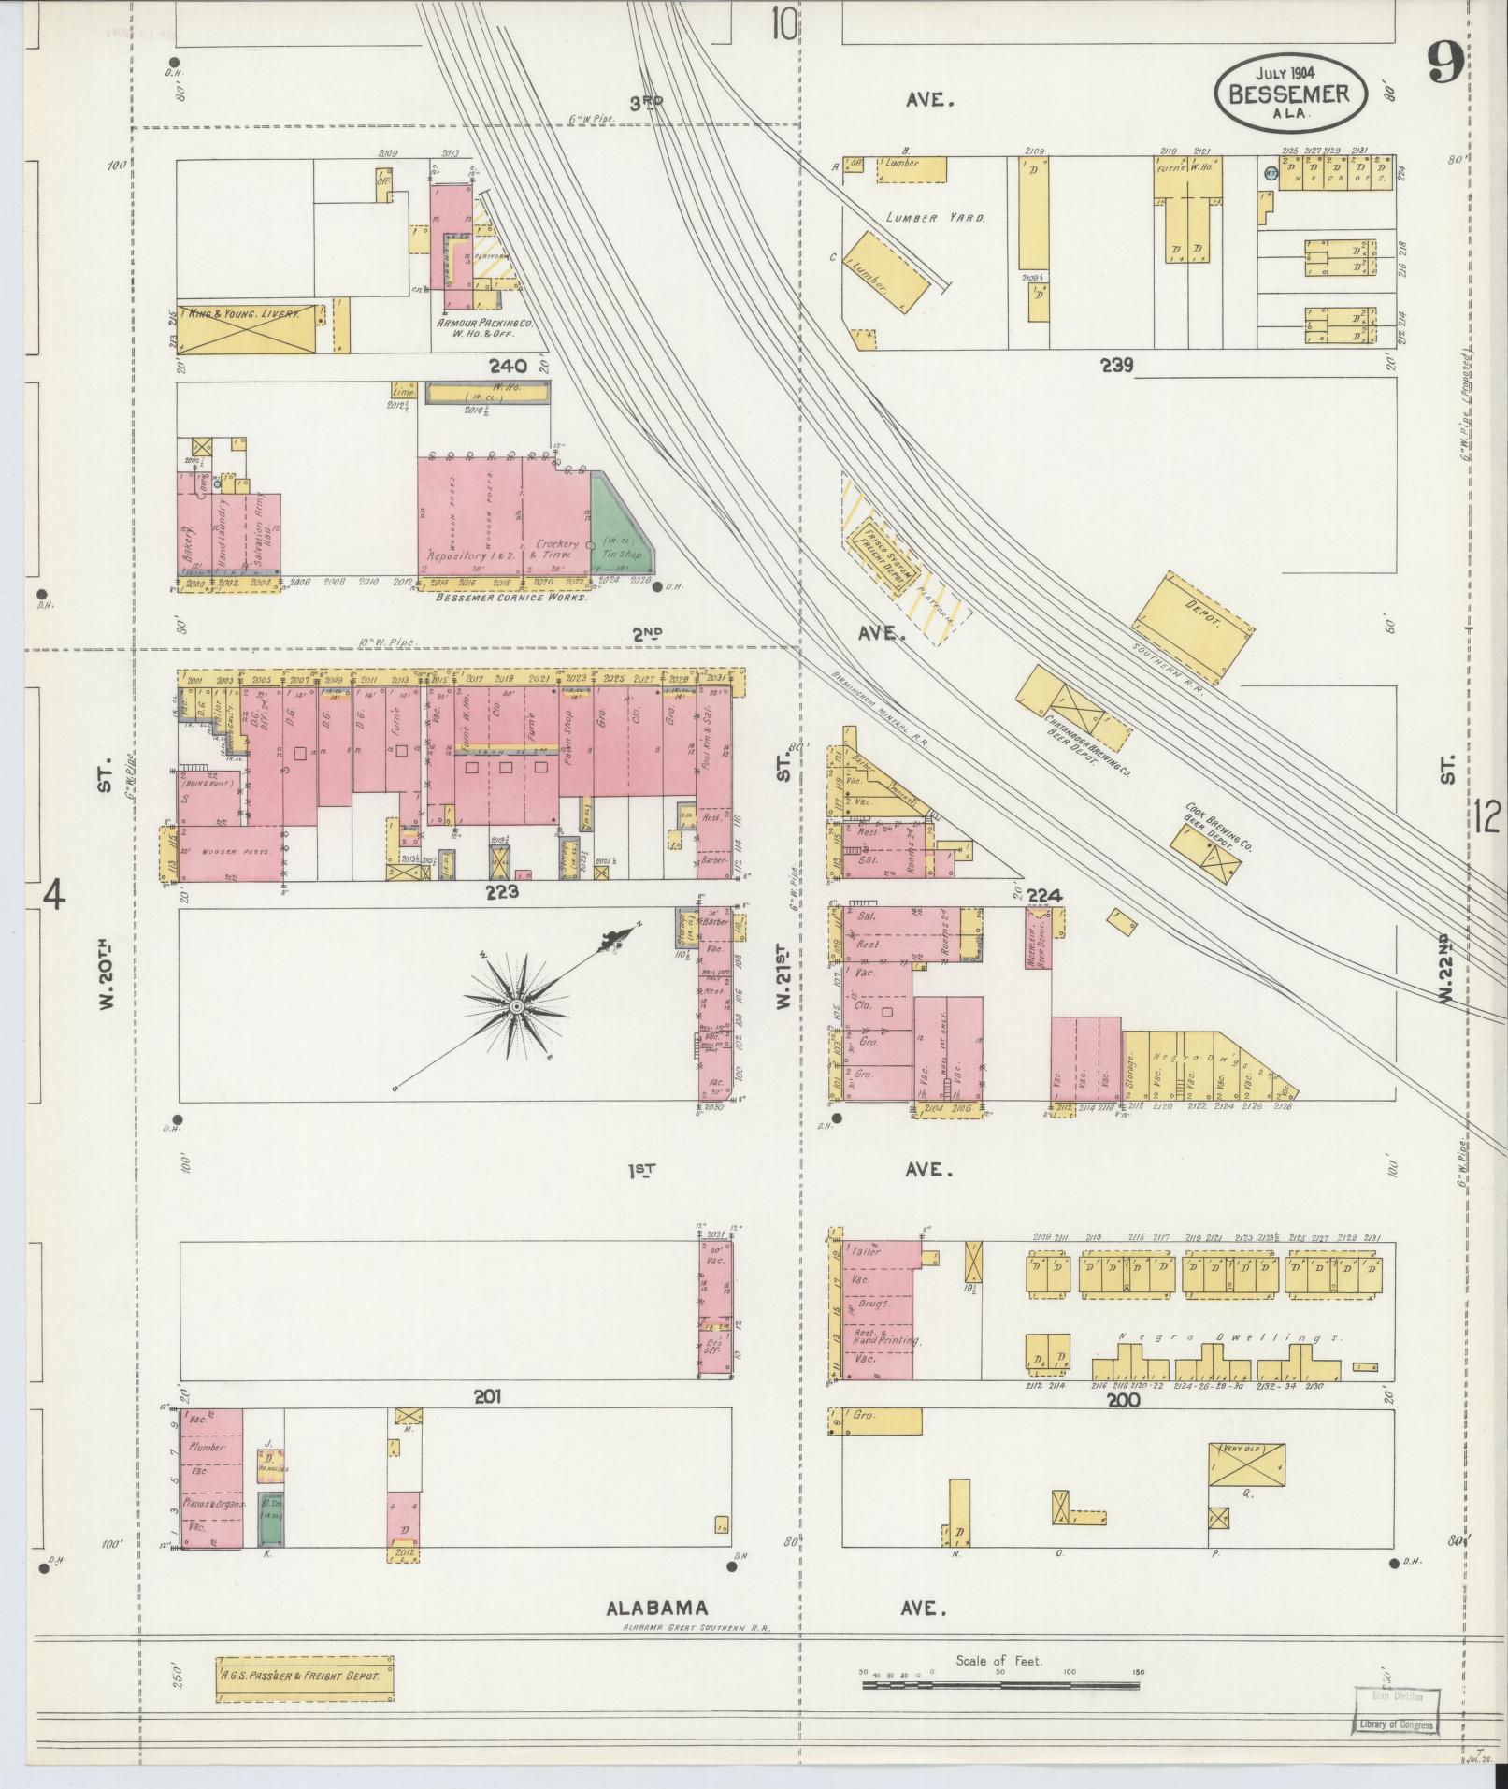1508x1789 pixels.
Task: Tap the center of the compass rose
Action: click(x=515, y=1006)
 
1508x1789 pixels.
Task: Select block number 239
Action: click(x=1117, y=366)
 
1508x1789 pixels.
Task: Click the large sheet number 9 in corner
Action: click(x=1445, y=65)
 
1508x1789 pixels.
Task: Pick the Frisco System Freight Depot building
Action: click(x=880, y=556)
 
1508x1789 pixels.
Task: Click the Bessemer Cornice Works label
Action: click(x=510, y=597)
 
